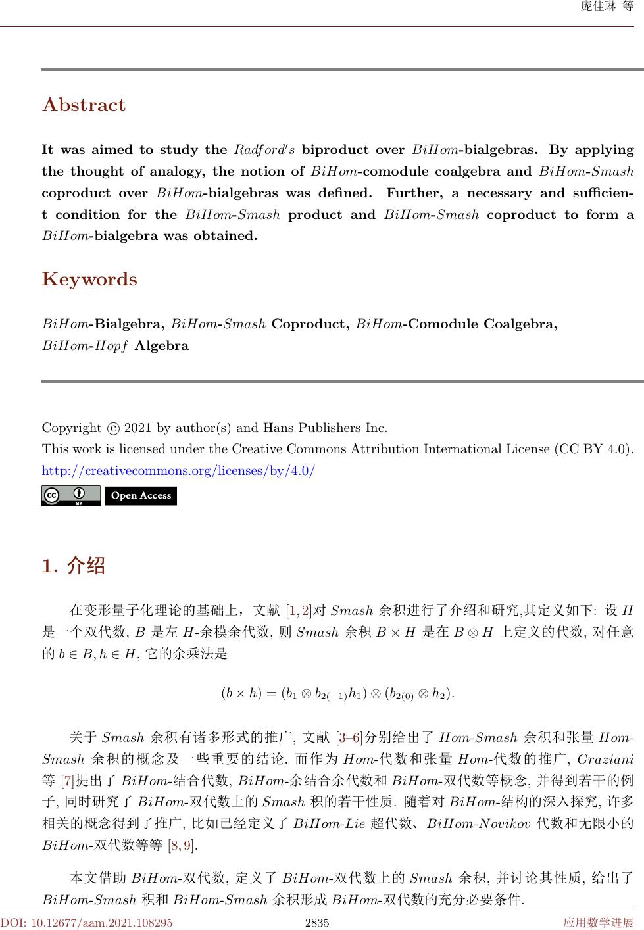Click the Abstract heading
tap(84, 105)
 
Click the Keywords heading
tap(89, 280)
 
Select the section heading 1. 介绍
tap(73, 566)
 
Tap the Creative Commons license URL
tap(178, 471)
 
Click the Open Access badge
tap(141, 496)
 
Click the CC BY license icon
tap(71, 496)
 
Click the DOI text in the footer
tap(87, 923)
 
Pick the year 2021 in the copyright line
tap(137, 428)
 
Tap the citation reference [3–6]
tap(349, 736)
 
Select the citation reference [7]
tap(67, 781)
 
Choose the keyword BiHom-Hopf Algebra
tap(115, 346)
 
